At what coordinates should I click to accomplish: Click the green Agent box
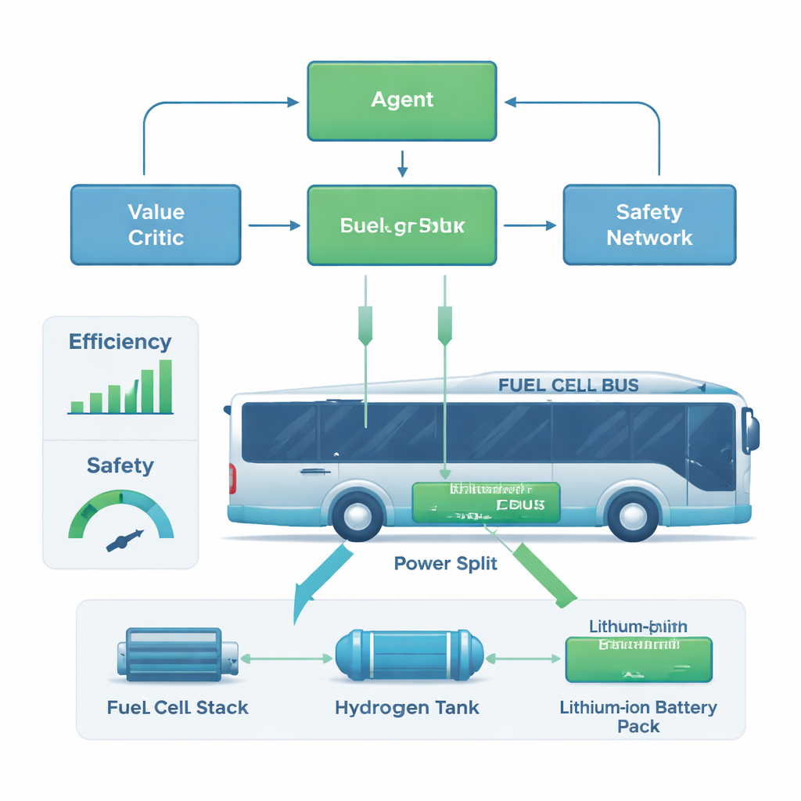click(402, 101)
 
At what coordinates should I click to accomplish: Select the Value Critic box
click(156, 224)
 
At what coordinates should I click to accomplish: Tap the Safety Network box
click(649, 224)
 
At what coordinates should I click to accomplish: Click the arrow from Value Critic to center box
click(274, 225)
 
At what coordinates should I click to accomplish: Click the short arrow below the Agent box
click(402, 162)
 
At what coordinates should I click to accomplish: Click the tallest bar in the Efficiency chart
click(165, 386)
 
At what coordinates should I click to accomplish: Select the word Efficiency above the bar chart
click(120, 342)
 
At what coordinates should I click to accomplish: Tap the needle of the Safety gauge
click(126, 539)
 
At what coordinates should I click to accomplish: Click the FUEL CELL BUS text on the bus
click(568, 385)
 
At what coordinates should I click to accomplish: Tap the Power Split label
click(445, 563)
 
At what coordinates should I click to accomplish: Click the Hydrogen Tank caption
click(407, 708)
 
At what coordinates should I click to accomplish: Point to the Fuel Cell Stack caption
click(178, 708)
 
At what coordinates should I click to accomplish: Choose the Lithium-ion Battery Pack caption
click(638, 717)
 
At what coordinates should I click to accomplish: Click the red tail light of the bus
click(232, 478)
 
